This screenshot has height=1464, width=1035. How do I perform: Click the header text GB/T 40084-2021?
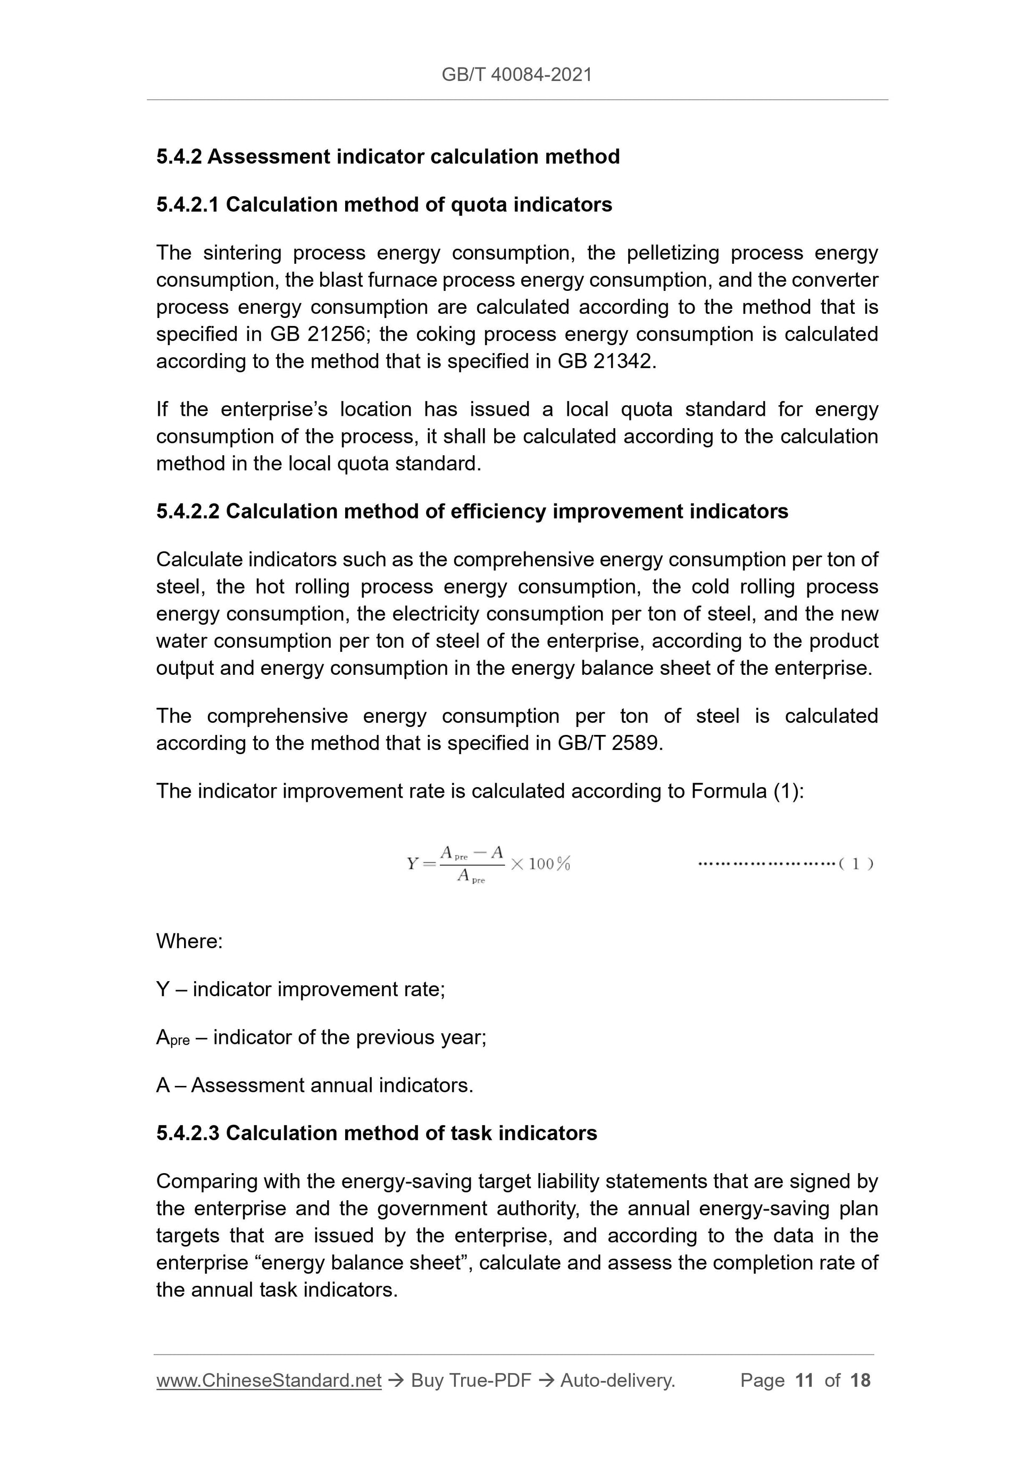click(516, 75)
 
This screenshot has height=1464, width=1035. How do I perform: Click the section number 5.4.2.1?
click(188, 205)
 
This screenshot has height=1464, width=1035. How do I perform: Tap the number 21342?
click(622, 362)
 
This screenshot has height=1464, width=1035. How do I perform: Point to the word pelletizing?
click(672, 253)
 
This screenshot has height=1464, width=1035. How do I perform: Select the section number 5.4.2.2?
click(188, 512)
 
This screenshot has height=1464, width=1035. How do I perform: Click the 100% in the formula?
click(549, 864)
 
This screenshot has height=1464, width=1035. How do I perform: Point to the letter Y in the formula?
click(412, 864)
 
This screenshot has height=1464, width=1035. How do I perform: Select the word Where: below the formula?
click(189, 941)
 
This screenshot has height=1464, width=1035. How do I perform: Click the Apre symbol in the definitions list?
click(173, 1038)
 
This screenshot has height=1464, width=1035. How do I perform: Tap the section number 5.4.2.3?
click(188, 1133)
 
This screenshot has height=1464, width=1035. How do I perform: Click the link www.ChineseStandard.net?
click(269, 1381)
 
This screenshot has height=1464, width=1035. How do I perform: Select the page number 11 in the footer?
click(804, 1381)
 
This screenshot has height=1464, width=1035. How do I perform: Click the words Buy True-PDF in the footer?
click(471, 1381)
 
